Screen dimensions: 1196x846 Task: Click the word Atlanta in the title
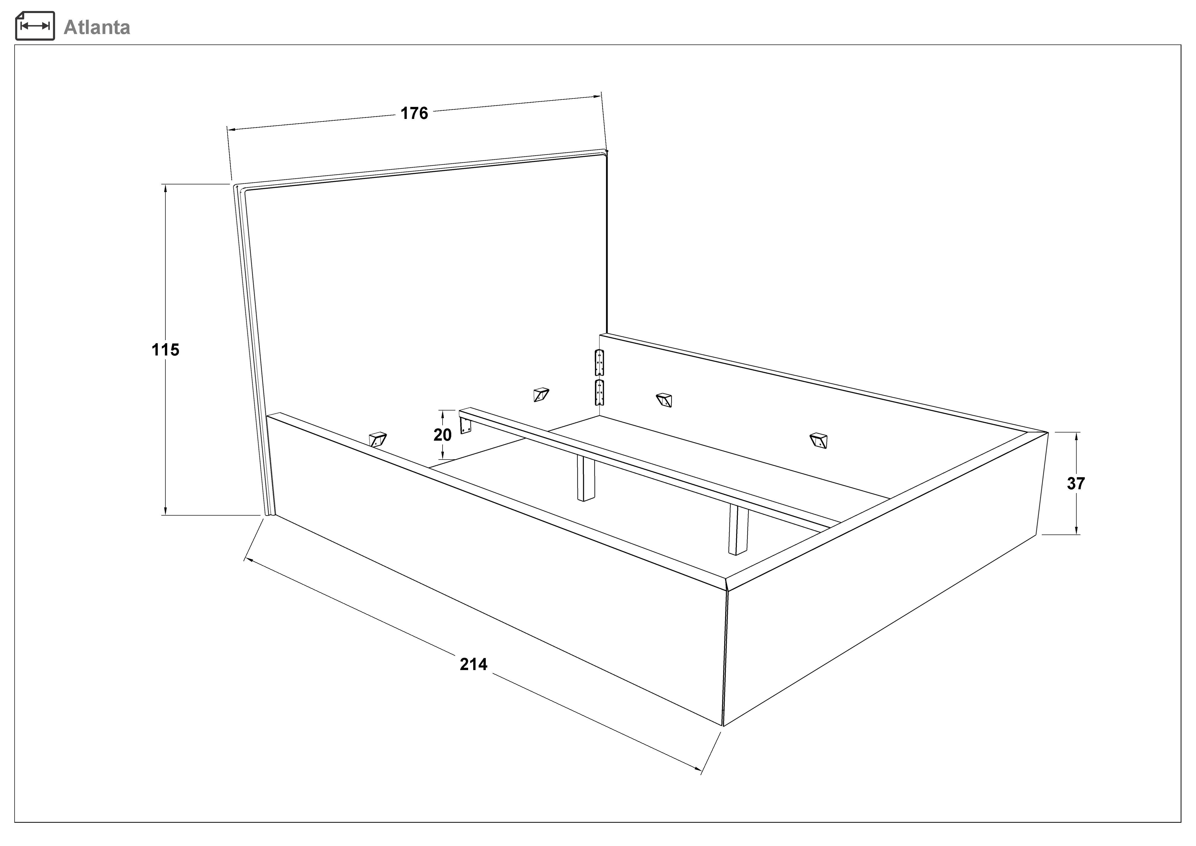tap(97, 27)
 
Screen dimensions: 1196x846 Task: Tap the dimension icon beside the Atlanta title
tap(35, 26)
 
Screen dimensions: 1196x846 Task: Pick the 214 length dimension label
tap(473, 664)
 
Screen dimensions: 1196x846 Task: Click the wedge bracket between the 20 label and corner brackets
tap(541, 394)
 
